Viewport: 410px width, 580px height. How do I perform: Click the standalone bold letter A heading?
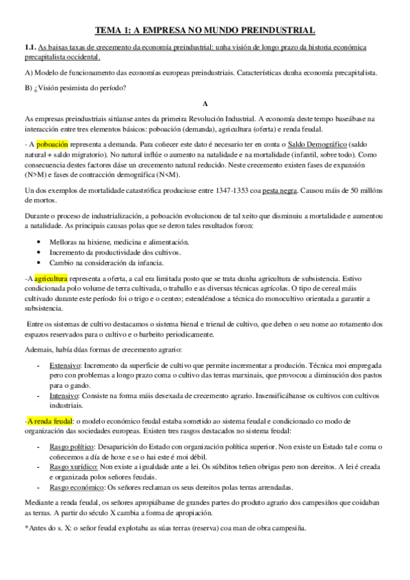click(x=205, y=101)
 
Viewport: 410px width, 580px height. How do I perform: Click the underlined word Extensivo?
click(x=65, y=367)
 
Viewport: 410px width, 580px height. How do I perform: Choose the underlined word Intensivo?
click(x=64, y=396)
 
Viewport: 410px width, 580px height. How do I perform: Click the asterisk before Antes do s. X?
click(x=25, y=528)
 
